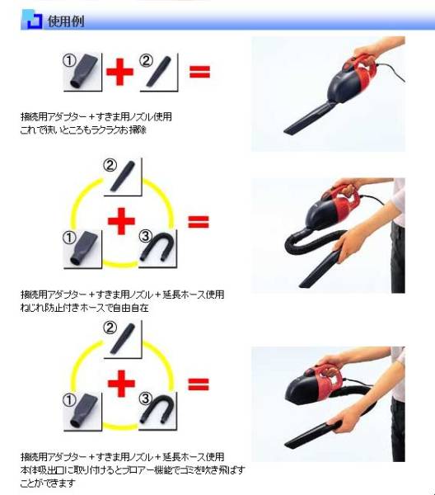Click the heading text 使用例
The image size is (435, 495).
click(66, 21)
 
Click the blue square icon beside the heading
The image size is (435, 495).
click(32, 20)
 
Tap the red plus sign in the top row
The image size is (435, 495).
click(119, 72)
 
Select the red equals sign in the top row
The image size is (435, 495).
click(199, 72)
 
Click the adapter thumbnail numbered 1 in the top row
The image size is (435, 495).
click(82, 73)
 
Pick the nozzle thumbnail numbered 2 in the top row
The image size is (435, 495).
click(159, 73)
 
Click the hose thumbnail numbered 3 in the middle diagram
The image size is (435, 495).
click(157, 249)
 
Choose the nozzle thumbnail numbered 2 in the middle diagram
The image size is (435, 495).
click(123, 177)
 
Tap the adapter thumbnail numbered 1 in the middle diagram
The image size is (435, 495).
click(82, 249)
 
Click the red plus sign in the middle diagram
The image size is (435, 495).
click(121, 221)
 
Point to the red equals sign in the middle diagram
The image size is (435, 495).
click(199, 221)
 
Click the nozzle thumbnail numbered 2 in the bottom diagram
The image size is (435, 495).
click(123, 339)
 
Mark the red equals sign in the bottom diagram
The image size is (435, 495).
click(199, 384)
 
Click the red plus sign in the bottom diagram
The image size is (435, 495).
click(121, 384)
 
